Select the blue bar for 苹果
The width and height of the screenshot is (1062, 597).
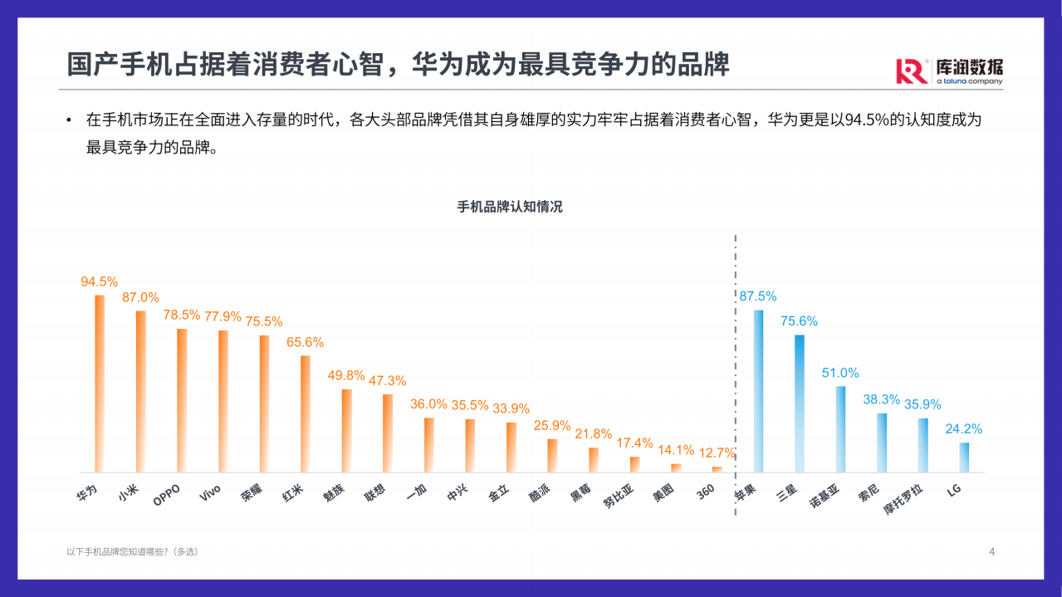[758, 391]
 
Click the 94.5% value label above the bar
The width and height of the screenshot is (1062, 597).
[100, 281]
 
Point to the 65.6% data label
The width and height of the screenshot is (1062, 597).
[305, 342]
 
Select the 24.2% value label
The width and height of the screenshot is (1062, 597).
[963, 429]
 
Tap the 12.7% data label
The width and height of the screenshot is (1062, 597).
[717, 453]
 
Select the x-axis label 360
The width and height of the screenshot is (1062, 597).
[706, 491]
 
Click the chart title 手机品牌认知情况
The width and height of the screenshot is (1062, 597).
[510, 207]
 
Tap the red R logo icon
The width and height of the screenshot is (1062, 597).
[912, 71]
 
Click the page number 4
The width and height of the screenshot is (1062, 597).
[991, 551]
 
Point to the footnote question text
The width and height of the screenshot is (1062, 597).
[133, 551]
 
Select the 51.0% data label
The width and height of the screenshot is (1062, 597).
[840, 373]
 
